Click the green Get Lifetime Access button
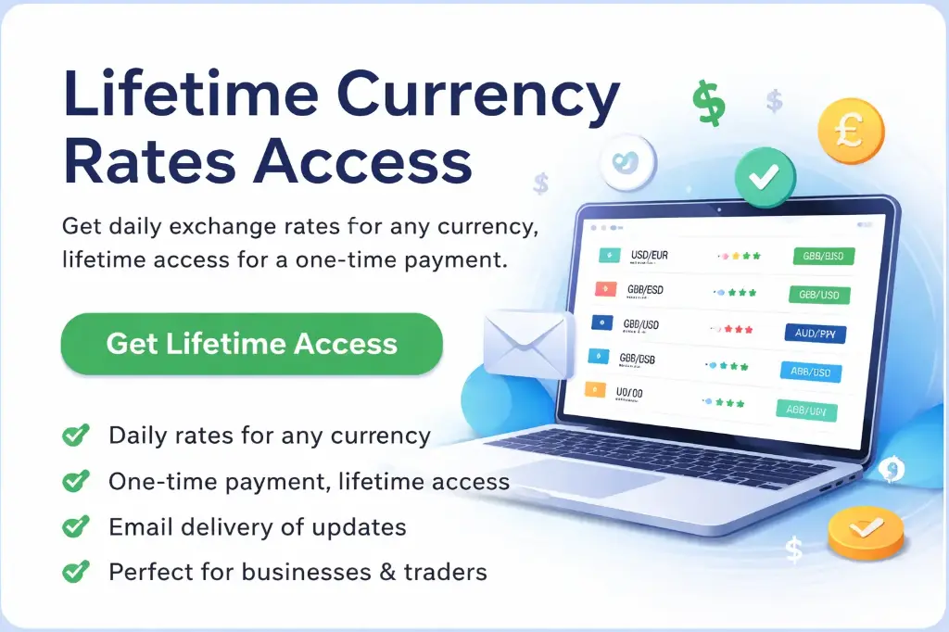point(251,344)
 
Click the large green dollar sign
point(709,102)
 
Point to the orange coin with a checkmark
point(865,533)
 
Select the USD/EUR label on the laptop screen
point(651,254)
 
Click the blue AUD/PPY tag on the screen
point(820,334)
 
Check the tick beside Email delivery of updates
point(75,527)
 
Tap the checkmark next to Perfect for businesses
point(75,572)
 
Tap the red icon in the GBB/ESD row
point(604,289)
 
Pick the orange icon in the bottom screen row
point(594,390)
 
